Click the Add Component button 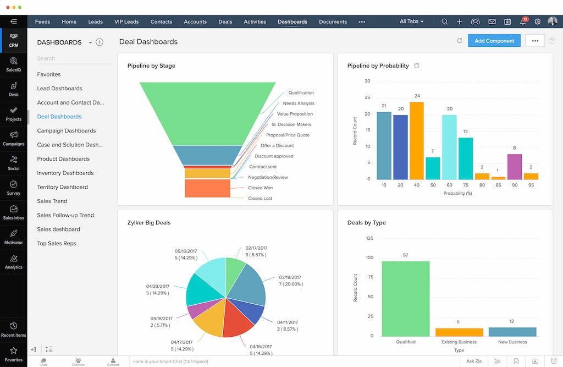(x=494, y=41)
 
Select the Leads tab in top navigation (x=95, y=22)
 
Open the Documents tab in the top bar (x=333, y=22)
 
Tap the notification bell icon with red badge (x=522, y=22)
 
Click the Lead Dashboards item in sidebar (x=59, y=89)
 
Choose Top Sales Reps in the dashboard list (x=57, y=244)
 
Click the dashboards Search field (x=74, y=58)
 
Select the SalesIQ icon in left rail (x=13, y=64)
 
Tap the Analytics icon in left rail (x=13, y=261)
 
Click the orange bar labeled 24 (x=417, y=141)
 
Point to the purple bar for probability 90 (x=514, y=167)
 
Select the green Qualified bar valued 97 (x=405, y=299)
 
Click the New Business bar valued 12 (x=512, y=332)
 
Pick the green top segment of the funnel (x=207, y=113)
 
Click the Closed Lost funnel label (x=260, y=199)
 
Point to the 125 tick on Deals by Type (x=369, y=238)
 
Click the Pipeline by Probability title (x=378, y=66)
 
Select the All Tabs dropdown (x=411, y=22)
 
